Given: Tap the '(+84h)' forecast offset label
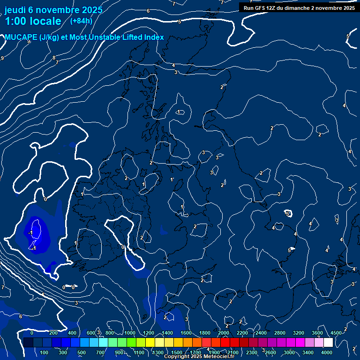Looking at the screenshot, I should [81, 21].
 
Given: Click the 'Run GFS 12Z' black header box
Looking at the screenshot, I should [299, 7].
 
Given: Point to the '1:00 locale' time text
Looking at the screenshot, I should [33, 21].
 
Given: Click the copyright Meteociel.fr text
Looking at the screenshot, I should [199, 357].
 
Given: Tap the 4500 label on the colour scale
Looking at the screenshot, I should [336, 333].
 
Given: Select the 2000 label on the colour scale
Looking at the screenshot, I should [224, 333].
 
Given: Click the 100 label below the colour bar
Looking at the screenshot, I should [44, 352].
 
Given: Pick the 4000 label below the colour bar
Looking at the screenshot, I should [327, 352].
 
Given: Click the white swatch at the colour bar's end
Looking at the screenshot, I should [328, 343].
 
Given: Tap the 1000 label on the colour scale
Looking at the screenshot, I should [130, 333].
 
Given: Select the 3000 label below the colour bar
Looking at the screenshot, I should [289, 352].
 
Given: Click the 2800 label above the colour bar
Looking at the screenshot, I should [280, 333].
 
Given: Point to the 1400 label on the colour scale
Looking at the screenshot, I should [167, 333].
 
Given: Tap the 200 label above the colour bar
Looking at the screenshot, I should [53, 333].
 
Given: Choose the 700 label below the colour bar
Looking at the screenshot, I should [100, 352].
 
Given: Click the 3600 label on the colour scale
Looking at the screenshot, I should [317, 333].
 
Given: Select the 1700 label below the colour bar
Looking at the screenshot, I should [195, 352].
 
